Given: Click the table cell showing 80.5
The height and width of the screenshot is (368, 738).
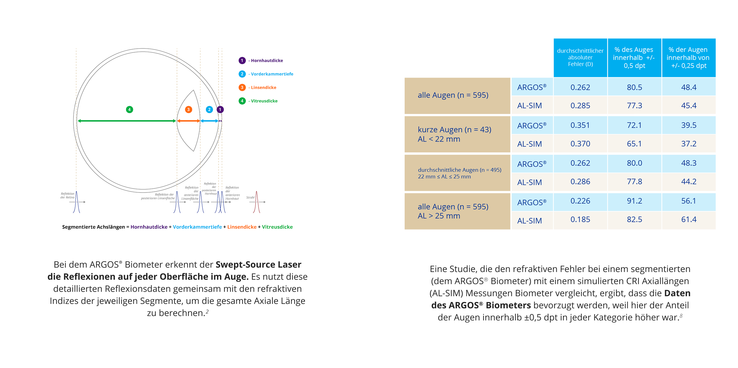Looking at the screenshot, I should tap(634, 87).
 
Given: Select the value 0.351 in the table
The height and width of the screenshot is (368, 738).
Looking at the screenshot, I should tap(580, 125).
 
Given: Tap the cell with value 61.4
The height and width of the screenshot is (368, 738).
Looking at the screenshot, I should tap(688, 219).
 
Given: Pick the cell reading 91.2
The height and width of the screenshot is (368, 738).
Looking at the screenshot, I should tap(634, 201).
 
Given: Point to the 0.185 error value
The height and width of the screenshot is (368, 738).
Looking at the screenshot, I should tap(580, 219).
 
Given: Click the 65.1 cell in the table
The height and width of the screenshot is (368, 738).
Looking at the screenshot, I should tap(634, 144).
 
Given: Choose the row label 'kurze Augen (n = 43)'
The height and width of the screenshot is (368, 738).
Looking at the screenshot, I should tap(454, 130).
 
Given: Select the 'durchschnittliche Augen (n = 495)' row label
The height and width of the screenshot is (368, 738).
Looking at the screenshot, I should tap(459, 170).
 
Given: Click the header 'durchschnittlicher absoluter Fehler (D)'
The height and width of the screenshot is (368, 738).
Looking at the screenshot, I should tap(580, 57).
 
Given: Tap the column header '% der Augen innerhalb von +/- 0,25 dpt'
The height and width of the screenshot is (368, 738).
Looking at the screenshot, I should tap(688, 57).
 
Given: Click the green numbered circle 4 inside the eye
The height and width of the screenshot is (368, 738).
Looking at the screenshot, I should tap(129, 109).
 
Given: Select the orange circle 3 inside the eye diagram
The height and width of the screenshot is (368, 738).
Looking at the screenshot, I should tap(188, 109).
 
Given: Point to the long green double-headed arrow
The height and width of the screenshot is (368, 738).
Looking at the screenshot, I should tap(127, 121).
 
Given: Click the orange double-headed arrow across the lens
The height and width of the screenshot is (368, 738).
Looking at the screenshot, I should tap(188, 121).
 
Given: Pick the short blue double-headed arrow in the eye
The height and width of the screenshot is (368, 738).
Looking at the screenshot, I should tap(209, 121).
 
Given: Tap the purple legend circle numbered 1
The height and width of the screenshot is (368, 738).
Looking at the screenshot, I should tap(242, 61).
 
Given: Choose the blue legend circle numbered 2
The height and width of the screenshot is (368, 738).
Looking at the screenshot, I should tap(242, 74).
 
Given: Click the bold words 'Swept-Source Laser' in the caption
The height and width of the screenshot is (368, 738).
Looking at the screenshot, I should tap(258, 264).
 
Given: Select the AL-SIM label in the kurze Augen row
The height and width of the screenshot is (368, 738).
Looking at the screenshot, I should tap(529, 144).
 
